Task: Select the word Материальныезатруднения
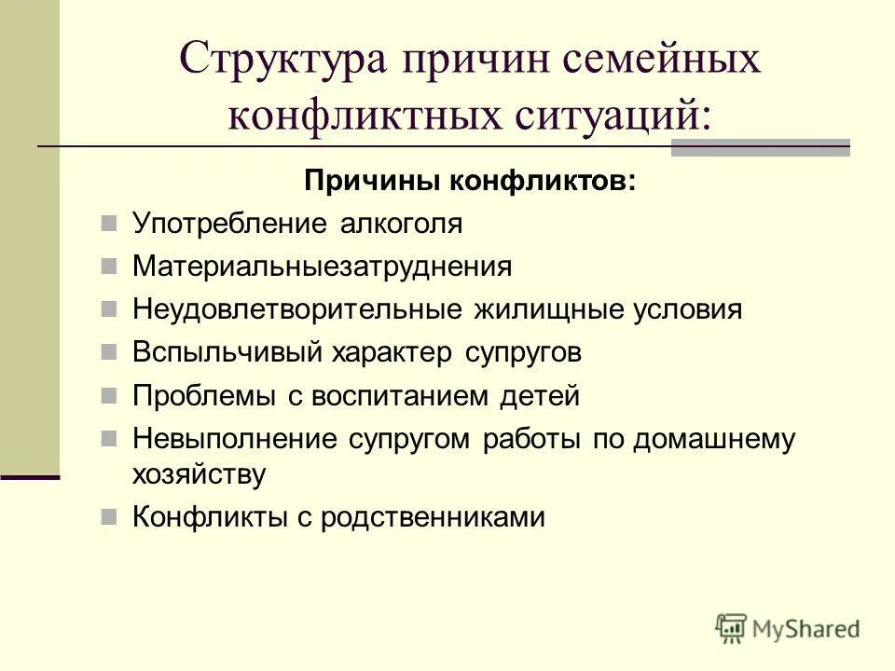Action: pyautogui.click(x=322, y=267)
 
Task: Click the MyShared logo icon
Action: pyautogui.click(x=731, y=629)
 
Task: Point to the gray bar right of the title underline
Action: pyautogui.click(x=761, y=147)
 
